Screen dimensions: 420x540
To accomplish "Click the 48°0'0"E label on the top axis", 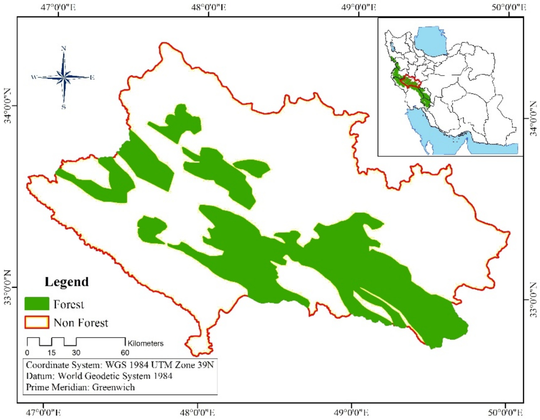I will coord(209,7).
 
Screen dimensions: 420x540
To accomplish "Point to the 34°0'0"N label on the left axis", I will coord(8,106).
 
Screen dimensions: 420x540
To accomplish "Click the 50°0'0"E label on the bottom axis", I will coord(505,413).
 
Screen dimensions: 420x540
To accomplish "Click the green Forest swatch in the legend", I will coord(37,304).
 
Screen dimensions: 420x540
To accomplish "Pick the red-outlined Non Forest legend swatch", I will coord(37,322).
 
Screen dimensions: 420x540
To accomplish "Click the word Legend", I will coord(67,282).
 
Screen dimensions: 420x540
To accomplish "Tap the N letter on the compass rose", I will coord(64,48).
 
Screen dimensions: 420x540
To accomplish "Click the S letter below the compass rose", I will coord(64,107).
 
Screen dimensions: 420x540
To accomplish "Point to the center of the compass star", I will coord(64,77).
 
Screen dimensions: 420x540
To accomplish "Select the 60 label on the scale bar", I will coord(125,353).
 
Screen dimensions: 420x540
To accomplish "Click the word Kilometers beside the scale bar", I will coord(145,343).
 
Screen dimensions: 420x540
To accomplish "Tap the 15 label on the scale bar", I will coord(51,353).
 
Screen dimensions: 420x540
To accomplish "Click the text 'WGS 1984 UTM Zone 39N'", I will coord(159,365).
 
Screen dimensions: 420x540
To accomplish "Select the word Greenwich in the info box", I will coord(113,387).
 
